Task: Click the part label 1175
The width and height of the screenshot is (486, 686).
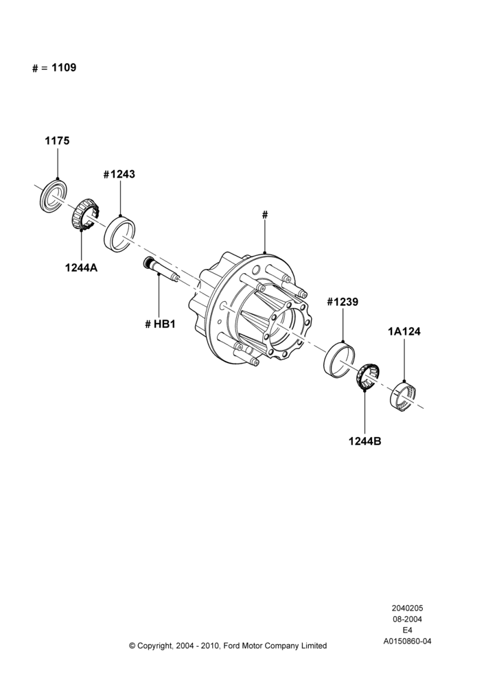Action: (58, 141)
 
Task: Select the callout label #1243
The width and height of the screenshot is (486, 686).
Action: (119, 174)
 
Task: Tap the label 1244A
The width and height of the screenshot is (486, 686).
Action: (82, 268)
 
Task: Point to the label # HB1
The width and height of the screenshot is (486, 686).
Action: (160, 324)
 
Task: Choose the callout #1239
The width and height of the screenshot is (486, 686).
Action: (343, 302)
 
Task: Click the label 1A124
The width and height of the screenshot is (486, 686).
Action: (404, 331)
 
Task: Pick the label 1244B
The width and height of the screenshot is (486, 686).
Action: (364, 441)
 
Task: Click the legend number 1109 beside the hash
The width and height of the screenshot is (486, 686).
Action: (64, 67)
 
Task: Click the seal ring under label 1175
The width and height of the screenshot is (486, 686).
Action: (54, 196)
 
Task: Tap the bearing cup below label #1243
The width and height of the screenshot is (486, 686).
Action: (119, 234)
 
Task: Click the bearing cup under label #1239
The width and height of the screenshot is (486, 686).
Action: (340, 359)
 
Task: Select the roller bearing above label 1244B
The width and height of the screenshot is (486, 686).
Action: (367, 376)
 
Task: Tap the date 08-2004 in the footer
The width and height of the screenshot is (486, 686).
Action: (407, 619)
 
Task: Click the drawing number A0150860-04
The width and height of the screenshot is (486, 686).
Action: (407, 641)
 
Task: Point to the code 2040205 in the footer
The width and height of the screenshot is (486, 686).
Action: (407, 608)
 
